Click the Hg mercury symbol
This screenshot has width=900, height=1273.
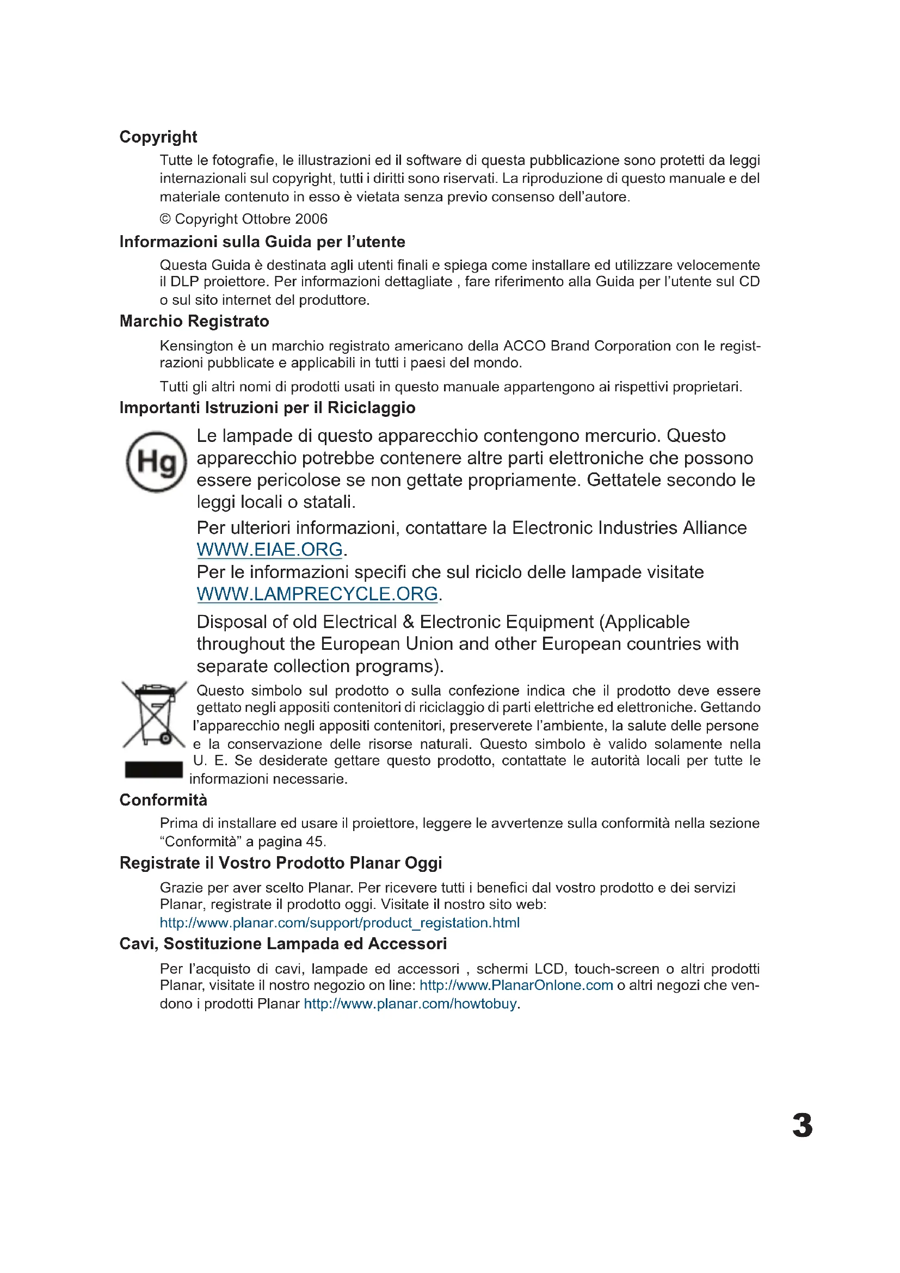156,462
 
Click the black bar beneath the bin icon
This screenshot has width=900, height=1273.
153,770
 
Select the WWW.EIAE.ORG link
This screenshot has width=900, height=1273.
270,550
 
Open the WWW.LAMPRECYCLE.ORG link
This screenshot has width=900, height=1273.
318,594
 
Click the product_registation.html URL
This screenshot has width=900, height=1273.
339,923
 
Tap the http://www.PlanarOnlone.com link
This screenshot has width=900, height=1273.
516,985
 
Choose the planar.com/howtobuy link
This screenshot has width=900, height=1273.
411,1004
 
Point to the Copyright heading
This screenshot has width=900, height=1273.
158,137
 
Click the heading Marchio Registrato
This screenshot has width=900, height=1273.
194,322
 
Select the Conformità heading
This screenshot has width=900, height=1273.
163,800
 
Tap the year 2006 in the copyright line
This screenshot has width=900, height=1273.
311,219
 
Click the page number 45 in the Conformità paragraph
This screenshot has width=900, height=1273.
314,841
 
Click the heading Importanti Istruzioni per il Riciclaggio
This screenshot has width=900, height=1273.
267,408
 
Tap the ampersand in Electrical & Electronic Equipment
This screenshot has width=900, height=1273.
409,622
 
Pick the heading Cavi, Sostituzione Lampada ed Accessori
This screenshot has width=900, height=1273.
282,944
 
